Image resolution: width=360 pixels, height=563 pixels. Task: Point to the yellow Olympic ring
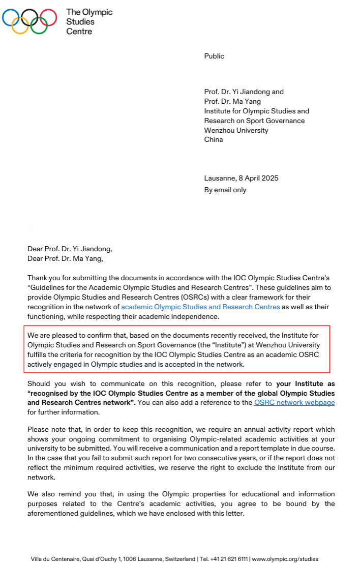coord(20,25)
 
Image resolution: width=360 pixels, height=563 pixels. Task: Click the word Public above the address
coord(214,56)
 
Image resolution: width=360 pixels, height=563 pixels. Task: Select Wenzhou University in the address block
coord(236,130)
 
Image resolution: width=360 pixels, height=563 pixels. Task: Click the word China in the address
coord(214,139)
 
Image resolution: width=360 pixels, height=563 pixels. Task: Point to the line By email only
coord(225,190)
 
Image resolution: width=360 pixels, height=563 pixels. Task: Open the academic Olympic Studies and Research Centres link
coord(200,307)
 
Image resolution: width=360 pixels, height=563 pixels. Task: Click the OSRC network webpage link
coord(294,402)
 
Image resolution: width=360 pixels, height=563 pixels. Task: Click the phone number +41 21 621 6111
coord(230,558)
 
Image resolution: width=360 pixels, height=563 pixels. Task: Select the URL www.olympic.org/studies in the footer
coord(285,558)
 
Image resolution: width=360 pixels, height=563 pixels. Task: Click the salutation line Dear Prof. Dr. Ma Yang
coord(65,258)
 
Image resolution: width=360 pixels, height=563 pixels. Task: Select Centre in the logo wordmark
coord(79,31)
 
